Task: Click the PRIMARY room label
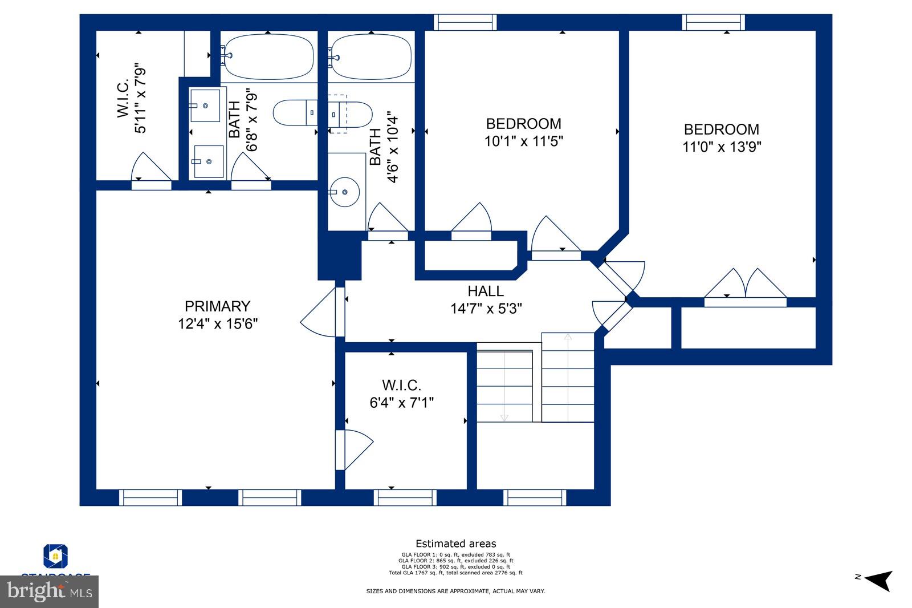click(x=217, y=306)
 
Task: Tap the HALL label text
click(x=486, y=291)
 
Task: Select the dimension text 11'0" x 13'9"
click(x=722, y=147)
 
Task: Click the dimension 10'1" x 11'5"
click(x=524, y=141)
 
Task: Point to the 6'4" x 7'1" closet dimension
click(x=402, y=403)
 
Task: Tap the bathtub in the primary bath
click(x=268, y=57)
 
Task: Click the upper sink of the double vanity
click(x=205, y=105)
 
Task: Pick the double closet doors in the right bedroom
click(x=745, y=285)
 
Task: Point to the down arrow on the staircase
click(x=504, y=417)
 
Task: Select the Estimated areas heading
click(x=455, y=544)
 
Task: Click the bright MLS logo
click(x=50, y=591)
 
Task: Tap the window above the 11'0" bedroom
click(x=713, y=22)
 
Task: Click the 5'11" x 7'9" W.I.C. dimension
click(x=140, y=101)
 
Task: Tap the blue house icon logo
click(x=55, y=556)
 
